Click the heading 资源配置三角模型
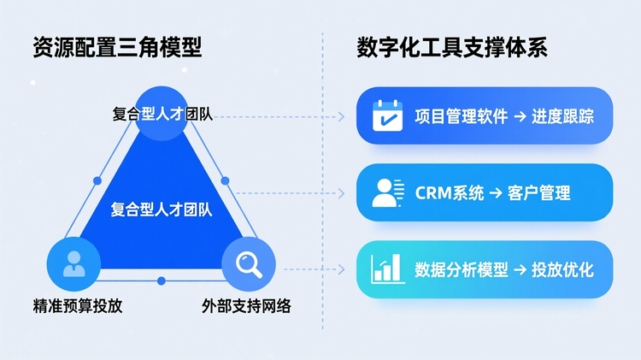point(117,47)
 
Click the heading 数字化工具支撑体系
point(452,47)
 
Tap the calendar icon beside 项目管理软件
point(388,115)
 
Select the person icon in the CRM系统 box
point(387,192)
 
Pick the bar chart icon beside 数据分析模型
point(388,269)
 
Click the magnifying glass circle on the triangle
point(249,263)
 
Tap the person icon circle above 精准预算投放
point(74,263)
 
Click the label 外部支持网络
point(247,305)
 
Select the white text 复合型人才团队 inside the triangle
point(162,209)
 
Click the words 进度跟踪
point(562,116)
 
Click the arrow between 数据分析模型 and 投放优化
point(520,270)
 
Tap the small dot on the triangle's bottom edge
point(162,281)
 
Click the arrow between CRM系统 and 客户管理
point(496,193)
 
